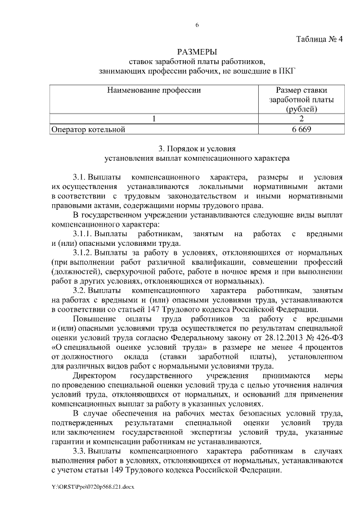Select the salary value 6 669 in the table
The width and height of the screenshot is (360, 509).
(x=301, y=129)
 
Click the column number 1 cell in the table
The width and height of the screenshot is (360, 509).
(x=154, y=119)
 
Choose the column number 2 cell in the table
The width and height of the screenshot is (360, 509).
(x=301, y=119)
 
